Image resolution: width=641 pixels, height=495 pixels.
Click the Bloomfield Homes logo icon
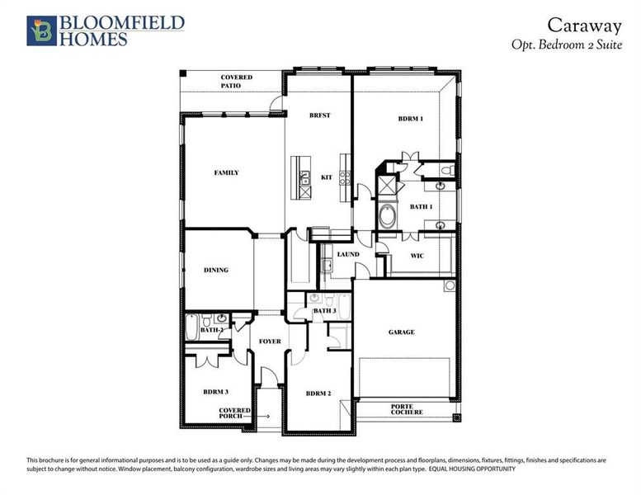click(x=39, y=30)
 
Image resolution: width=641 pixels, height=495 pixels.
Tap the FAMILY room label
click(x=226, y=173)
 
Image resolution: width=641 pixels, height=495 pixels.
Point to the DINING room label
click(x=216, y=271)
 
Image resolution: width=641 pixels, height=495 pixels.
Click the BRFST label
click(x=319, y=115)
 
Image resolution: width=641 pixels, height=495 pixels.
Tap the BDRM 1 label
click(x=410, y=119)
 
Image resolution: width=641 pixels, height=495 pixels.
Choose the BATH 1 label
click(x=421, y=206)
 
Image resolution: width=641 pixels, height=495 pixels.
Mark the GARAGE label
click(x=402, y=332)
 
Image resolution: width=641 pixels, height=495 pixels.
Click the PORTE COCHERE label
click(x=407, y=408)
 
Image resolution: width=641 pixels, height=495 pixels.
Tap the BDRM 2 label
click(x=318, y=394)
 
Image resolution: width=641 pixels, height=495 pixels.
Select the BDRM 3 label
click(x=216, y=391)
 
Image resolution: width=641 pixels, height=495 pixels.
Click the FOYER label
click(x=270, y=341)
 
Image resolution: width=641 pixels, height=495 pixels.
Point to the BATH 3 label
click(x=325, y=310)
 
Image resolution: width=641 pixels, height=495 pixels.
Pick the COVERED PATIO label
click(x=236, y=81)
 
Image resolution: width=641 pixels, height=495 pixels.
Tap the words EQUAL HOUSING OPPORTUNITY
click(x=472, y=469)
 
